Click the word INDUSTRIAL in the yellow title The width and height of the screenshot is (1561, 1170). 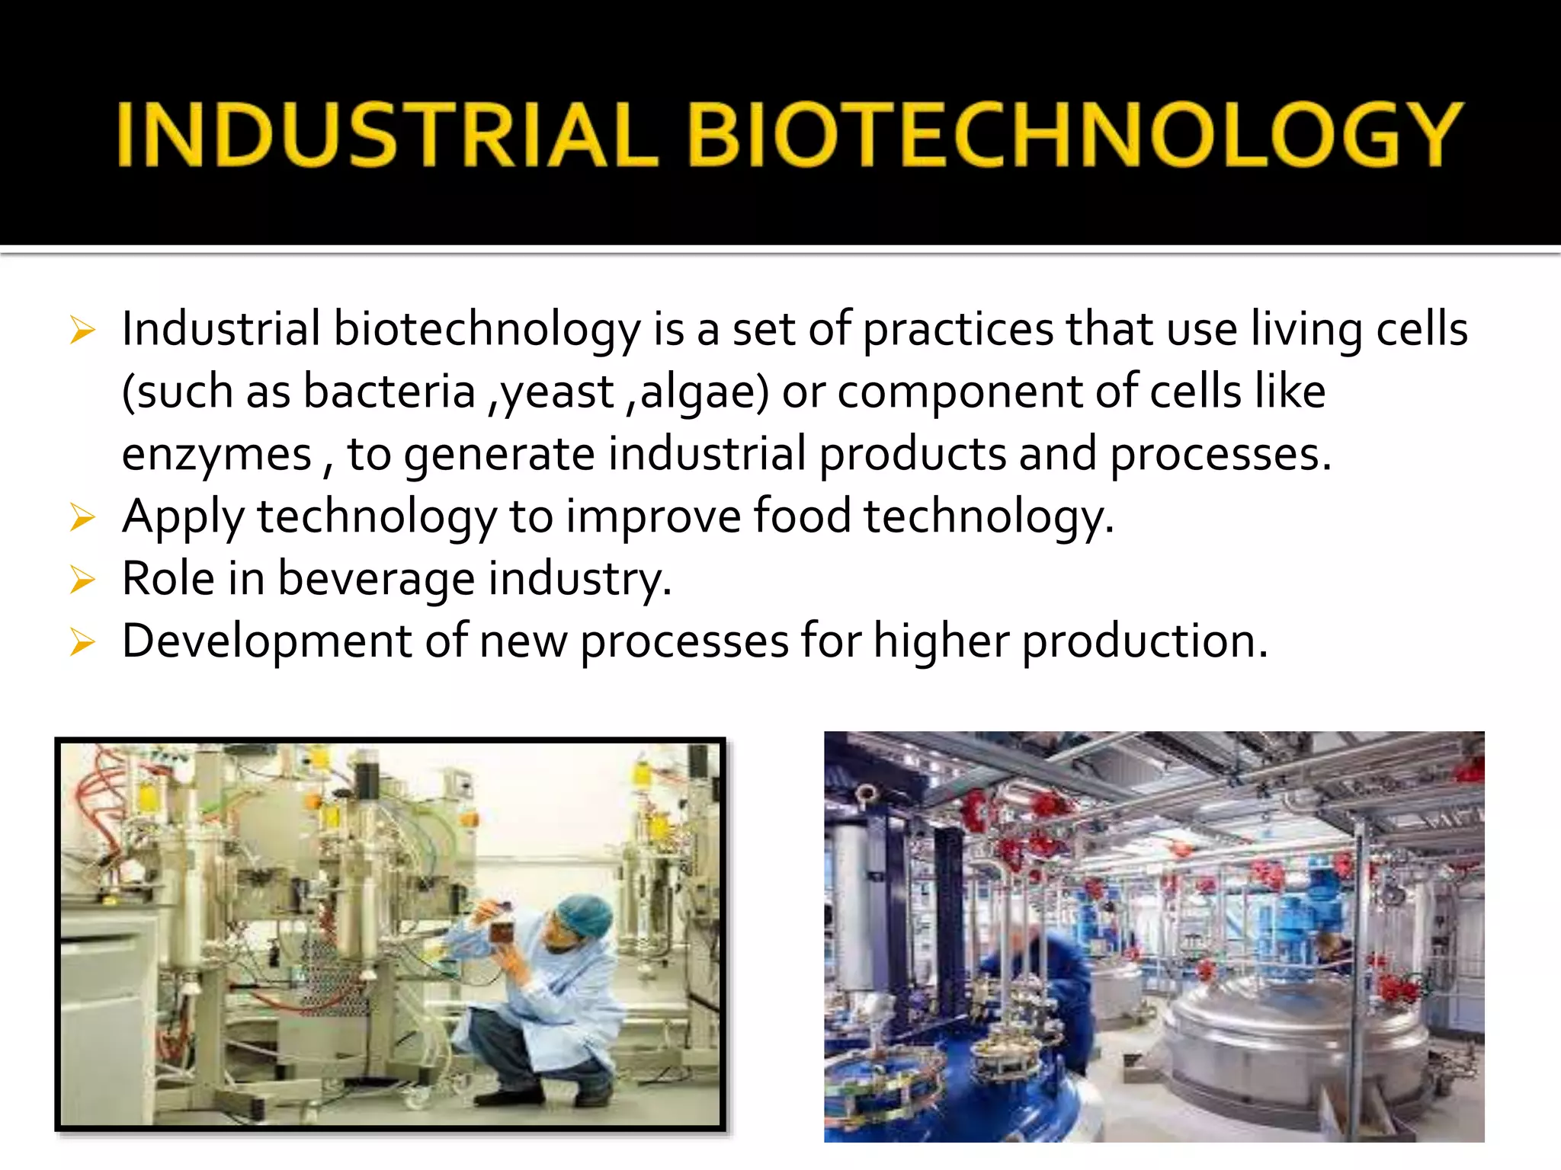pos(387,134)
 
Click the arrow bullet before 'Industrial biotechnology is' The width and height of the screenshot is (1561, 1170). pos(82,331)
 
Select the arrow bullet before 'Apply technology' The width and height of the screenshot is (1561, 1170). pos(82,518)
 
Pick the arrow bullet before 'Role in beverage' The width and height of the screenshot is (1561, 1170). pos(82,580)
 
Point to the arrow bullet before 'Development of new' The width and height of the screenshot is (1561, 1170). pos(82,643)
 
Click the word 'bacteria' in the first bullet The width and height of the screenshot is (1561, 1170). pos(389,392)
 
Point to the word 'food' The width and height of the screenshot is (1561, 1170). pos(802,516)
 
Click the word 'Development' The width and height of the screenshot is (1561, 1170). pos(267,641)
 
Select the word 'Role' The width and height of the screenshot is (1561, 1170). pos(168,579)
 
